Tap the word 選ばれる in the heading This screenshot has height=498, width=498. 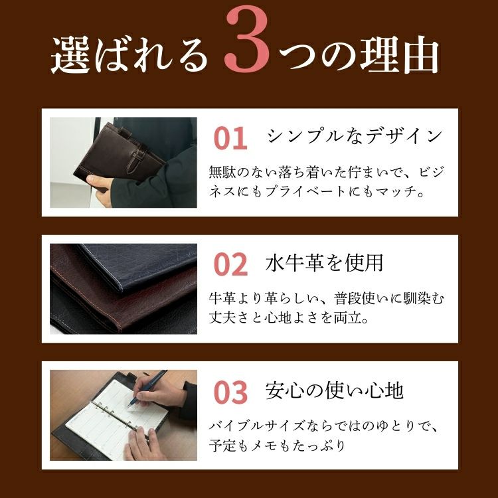129,54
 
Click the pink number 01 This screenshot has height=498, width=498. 230,139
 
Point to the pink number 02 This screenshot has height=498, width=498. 230,264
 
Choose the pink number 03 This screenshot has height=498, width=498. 230,392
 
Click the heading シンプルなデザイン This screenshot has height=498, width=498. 355,136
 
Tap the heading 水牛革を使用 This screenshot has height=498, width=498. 324,263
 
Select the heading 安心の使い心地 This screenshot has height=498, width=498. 335,390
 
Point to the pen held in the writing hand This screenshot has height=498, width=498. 147,388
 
